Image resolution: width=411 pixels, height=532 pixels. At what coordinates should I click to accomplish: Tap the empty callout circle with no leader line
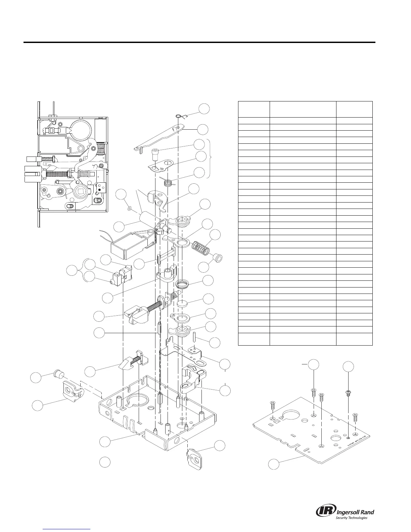click(x=105, y=462)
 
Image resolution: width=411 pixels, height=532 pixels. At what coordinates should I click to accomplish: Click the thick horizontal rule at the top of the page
click(x=199, y=43)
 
